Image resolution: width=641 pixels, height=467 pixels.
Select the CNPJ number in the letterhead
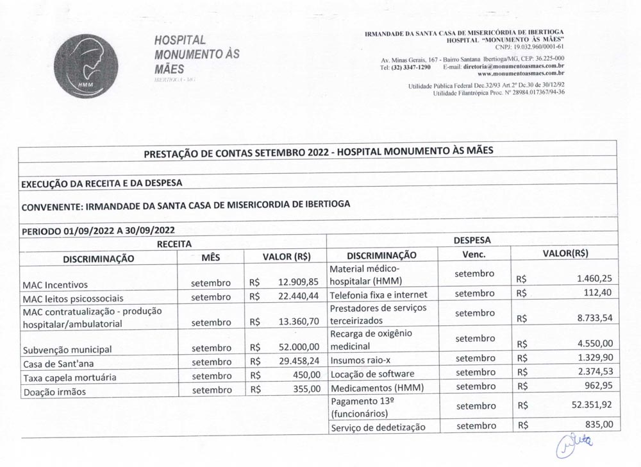[530, 46]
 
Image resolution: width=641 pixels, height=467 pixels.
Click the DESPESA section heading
[472, 241]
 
